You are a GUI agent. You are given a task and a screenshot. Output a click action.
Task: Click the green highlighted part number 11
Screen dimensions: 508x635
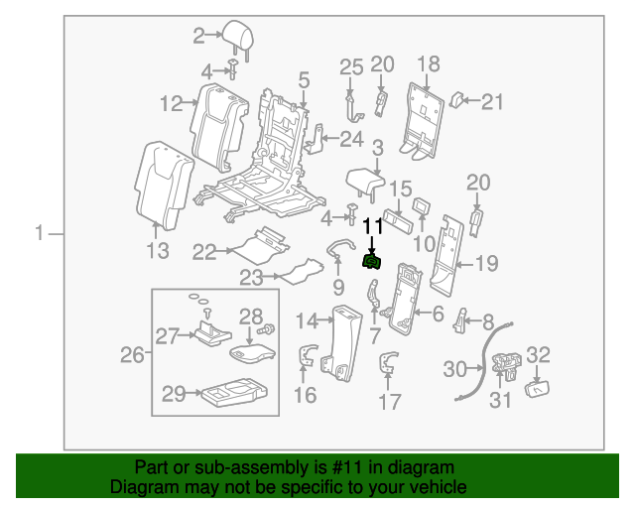click(374, 262)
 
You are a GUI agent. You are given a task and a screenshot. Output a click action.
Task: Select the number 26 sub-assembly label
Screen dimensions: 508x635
click(132, 354)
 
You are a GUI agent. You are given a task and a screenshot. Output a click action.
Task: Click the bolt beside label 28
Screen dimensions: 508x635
click(266, 329)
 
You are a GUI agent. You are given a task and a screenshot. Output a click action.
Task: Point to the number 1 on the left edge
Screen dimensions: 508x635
click(39, 234)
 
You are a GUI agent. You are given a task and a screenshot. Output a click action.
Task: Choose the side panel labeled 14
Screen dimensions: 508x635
click(341, 342)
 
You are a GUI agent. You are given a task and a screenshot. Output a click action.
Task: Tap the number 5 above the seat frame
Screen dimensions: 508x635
click(303, 78)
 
